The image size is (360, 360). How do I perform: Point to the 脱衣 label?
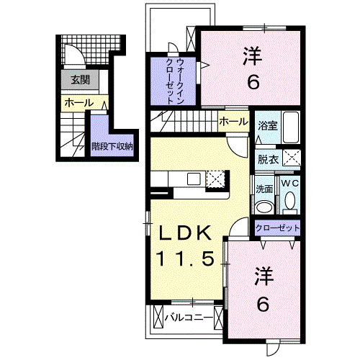click(x=267, y=160)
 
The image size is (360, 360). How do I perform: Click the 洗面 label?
click(x=264, y=189)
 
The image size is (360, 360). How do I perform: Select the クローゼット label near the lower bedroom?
click(x=277, y=228)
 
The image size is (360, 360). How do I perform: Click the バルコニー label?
click(x=188, y=317)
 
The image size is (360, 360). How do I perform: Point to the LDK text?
click(x=184, y=233)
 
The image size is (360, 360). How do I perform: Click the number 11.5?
click(x=184, y=257)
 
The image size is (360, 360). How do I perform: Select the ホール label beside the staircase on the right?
click(x=233, y=122)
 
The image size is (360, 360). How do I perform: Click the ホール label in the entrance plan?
click(x=78, y=103)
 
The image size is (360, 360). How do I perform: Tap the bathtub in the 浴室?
click(x=289, y=129)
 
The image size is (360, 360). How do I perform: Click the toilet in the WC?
click(x=289, y=204)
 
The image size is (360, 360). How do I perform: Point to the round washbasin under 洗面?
click(x=264, y=207)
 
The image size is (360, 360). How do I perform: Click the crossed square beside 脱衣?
click(x=291, y=159)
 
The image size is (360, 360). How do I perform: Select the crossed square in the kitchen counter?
click(x=215, y=179)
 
